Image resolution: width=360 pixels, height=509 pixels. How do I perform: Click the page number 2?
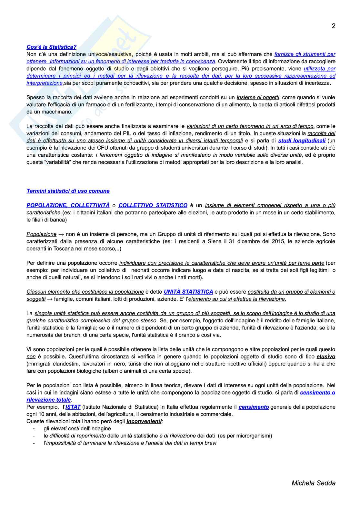click(334, 26)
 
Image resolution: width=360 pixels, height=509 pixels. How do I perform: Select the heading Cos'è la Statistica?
click(51, 47)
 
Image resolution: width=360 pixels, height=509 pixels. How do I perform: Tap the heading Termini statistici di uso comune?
click(68, 191)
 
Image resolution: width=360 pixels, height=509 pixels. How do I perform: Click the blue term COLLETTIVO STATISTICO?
click(153, 205)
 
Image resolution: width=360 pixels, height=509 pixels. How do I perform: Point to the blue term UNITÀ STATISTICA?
click(188, 292)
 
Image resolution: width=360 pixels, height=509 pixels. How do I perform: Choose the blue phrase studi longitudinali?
click(302, 141)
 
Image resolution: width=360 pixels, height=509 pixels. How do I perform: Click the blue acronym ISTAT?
click(73, 407)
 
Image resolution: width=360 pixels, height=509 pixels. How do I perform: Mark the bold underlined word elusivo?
click(326, 357)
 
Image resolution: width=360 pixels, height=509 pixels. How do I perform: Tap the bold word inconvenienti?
click(144, 421)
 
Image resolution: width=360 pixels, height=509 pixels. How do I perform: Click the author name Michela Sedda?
click(313, 483)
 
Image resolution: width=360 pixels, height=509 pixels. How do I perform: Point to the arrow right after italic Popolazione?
click(61, 234)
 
